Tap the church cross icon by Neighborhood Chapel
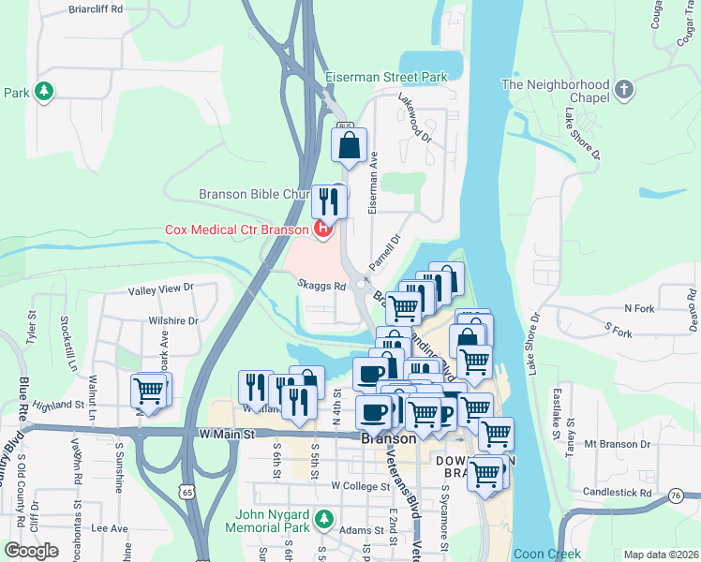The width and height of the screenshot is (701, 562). click(x=625, y=91)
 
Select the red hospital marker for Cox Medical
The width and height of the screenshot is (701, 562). click(x=323, y=228)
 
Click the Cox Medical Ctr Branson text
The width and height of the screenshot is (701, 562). click(x=237, y=229)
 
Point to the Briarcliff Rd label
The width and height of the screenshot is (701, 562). click(x=97, y=9)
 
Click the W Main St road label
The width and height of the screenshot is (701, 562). click(x=228, y=435)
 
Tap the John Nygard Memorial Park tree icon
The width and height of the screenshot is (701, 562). click(x=324, y=518)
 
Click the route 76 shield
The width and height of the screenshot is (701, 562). click(x=676, y=494)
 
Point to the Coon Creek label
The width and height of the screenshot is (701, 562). click(x=546, y=554)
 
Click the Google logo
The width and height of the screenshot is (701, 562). click(x=31, y=551)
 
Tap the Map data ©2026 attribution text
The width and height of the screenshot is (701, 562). click(x=660, y=555)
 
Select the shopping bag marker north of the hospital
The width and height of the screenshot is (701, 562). click(x=349, y=146)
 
